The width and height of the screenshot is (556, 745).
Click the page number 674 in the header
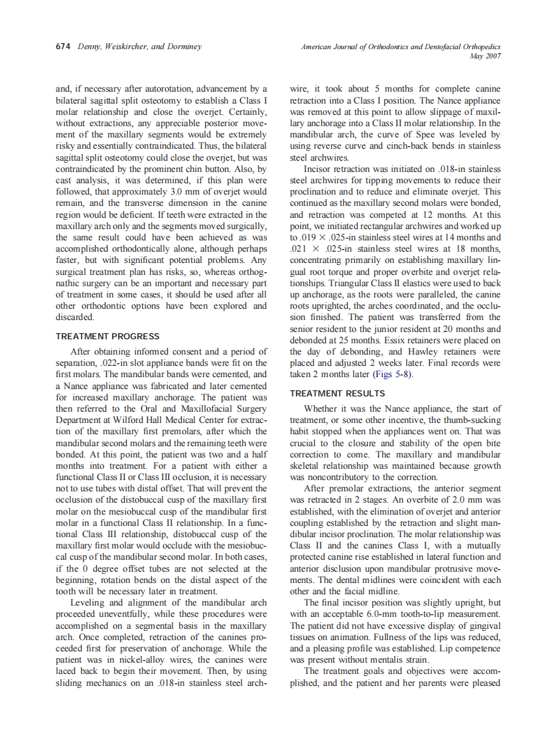point(64,47)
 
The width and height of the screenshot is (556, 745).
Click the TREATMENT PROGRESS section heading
point(107,337)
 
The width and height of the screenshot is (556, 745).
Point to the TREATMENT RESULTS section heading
point(338,394)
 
